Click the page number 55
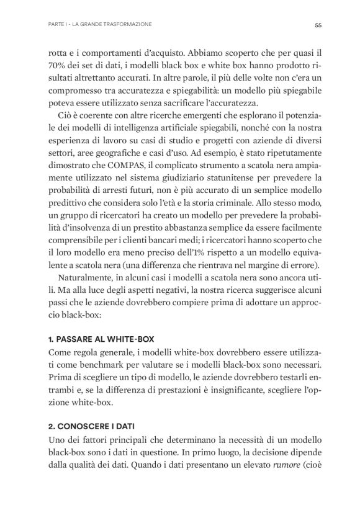(317, 25)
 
